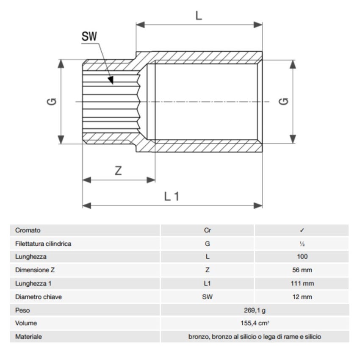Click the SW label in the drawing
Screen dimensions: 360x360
89,36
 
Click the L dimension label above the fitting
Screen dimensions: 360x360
199,16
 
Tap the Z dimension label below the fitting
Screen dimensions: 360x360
119,170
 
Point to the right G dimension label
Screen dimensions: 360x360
285,101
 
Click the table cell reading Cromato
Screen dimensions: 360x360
28,230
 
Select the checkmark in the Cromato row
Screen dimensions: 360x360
302,230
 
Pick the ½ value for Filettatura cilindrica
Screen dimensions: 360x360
302,244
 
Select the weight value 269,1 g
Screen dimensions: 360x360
255,310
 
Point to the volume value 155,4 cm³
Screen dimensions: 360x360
255,324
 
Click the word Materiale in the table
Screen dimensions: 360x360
28,337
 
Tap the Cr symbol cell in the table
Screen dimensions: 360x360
207,230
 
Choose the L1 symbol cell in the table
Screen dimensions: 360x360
207,283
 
